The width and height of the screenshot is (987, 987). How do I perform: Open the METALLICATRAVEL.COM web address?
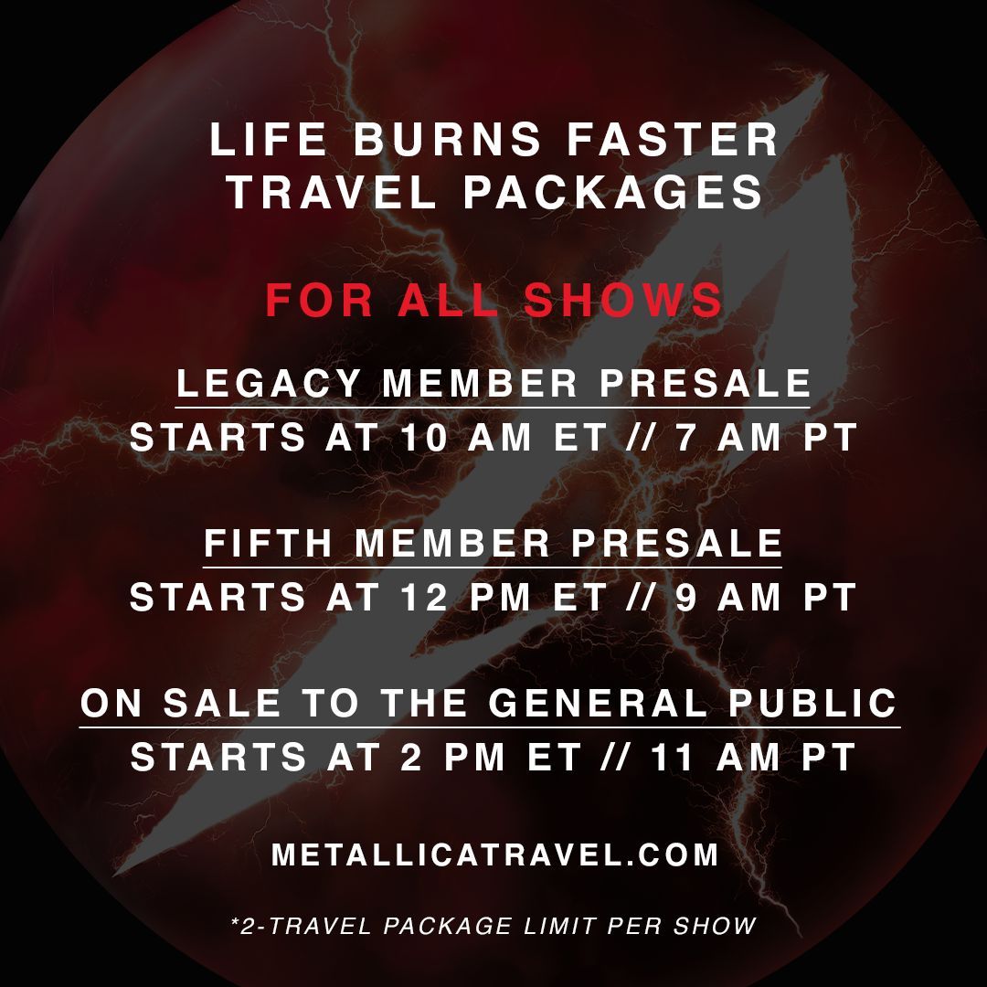[x=494, y=855]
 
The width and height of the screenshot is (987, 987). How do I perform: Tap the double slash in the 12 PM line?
[x=642, y=598]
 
